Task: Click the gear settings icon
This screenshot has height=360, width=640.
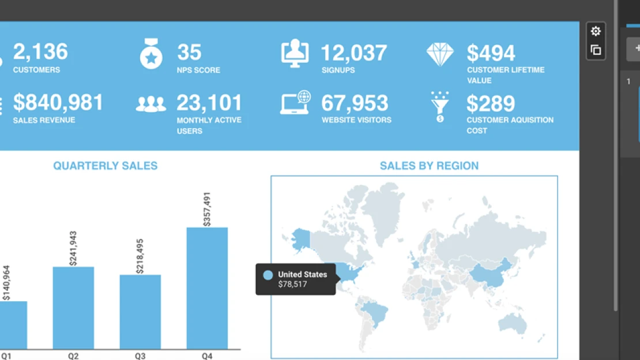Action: pyautogui.click(x=596, y=31)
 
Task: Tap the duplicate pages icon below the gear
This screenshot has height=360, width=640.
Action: pyautogui.click(x=596, y=50)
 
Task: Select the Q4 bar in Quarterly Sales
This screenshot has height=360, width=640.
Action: pyautogui.click(x=207, y=288)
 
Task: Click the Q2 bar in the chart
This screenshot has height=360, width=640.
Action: pyautogui.click(x=73, y=307)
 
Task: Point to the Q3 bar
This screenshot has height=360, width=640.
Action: pyautogui.click(x=140, y=312)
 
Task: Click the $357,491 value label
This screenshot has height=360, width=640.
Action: pyautogui.click(x=207, y=209)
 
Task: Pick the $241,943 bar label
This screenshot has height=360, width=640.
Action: pyautogui.click(x=73, y=249)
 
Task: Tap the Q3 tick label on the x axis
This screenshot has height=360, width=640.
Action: pyautogui.click(x=140, y=356)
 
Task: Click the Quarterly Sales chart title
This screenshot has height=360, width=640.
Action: pyautogui.click(x=106, y=166)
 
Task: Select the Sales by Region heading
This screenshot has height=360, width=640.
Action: pyautogui.click(x=429, y=166)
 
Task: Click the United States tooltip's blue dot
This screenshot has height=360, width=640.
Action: pyautogui.click(x=268, y=275)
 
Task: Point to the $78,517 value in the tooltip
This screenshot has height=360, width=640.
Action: pyautogui.click(x=292, y=284)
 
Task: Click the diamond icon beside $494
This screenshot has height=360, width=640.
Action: pyautogui.click(x=440, y=54)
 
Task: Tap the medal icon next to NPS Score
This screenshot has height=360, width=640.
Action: pyautogui.click(x=151, y=54)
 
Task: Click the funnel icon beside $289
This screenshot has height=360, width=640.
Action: pyautogui.click(x=439, y=107)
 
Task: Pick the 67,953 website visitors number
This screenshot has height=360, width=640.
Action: pyautogui.click(x=355, y=103)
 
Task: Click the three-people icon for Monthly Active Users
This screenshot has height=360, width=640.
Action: pyautogui.click(x=151, y=104)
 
